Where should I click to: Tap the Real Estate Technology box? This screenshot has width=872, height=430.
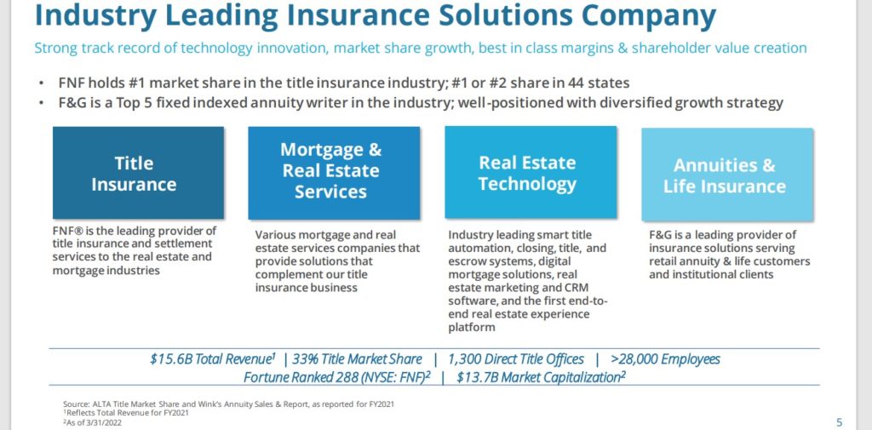coord(528,173)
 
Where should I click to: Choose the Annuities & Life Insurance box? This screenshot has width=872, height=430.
coord(726,175)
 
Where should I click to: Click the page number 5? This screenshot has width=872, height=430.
coord(839,421)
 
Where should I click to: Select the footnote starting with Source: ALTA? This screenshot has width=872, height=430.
coord(227,404)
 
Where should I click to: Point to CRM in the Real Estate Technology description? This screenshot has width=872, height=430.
coord(548,288)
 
